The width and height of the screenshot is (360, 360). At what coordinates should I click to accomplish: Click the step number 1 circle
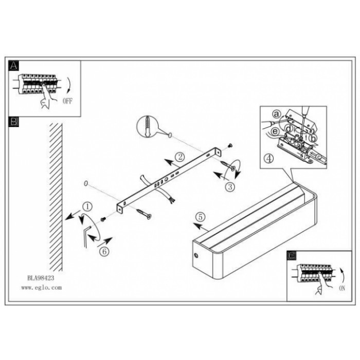click(87, 207)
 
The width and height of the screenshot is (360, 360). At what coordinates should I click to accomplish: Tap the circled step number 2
click(180, 157)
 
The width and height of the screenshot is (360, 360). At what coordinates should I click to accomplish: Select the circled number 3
click(230, 186)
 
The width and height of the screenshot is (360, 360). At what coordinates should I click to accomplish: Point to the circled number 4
click(269, 158)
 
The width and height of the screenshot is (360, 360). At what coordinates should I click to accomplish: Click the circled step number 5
click(201, 217)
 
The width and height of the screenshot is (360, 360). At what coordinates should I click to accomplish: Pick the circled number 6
click(104, 251)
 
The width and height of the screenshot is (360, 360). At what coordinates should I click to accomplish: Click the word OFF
click(67, 101)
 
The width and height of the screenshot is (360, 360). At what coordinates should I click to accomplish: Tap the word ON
click(342, 289)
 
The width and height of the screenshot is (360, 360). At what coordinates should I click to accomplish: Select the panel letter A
click(13, 65)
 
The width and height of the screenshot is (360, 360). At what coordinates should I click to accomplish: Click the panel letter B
click(13, 121)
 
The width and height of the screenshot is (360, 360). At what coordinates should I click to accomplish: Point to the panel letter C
click(292, 255)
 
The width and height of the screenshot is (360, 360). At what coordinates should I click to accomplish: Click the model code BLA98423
click(41, 278)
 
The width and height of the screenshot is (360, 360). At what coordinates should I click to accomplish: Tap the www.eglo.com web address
click(42, 287)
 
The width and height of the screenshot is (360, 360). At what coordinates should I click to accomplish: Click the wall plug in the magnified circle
click(147, 127)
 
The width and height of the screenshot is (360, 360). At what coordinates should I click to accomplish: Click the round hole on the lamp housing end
click(196, 255)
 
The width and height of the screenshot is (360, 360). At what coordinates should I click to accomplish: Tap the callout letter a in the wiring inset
click(277, 114)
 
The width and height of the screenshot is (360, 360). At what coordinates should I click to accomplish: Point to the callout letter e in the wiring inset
click(276, 131)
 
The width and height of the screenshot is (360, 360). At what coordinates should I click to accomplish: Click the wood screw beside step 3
click(228, 166)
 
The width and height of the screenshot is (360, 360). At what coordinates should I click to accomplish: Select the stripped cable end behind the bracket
click(171, 200)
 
